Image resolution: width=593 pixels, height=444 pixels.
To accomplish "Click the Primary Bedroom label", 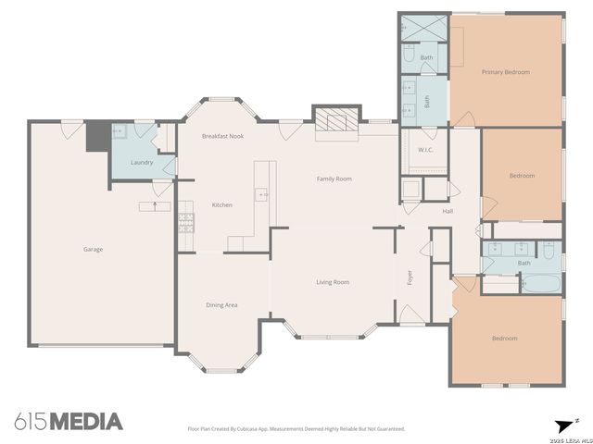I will (505, 71).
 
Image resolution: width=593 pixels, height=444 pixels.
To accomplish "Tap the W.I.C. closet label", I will (426, 150).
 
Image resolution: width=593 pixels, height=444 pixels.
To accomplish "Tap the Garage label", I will (93, 249).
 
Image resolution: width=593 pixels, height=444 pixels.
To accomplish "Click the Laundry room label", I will (141, 163).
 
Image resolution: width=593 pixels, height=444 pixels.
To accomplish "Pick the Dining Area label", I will (221, 304).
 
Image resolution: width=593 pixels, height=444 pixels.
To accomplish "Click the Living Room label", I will (332, 282).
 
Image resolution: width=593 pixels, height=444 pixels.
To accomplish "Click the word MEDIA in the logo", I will (85, 422).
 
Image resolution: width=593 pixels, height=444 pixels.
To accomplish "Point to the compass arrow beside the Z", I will (562, 425).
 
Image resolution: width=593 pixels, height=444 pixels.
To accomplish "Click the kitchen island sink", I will (263, 195).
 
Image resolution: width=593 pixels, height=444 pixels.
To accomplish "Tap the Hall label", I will (448, 212).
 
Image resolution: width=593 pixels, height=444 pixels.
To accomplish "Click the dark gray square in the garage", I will (95, 138).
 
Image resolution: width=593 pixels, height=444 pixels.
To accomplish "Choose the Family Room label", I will (334, 179).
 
